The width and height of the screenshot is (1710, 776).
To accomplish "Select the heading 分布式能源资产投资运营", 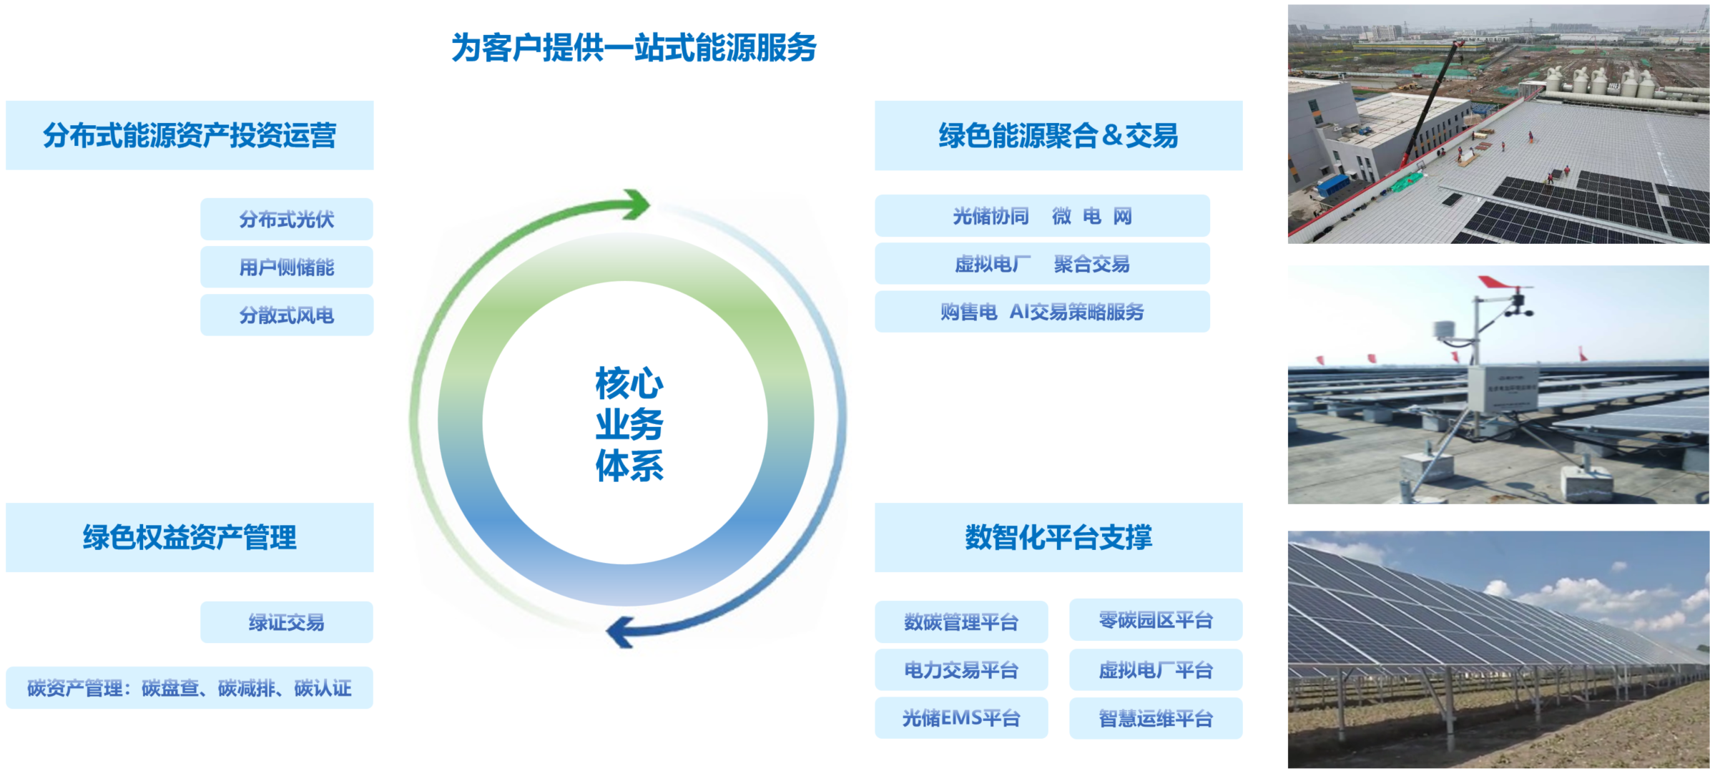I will [190, 135].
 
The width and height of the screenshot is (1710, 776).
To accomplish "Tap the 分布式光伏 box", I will [286, 219].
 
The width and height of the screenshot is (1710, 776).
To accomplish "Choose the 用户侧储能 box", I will [286, 267].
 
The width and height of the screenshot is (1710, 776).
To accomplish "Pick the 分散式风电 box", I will [286, 315].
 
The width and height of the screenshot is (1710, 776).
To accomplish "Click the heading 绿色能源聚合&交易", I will [1058, 135].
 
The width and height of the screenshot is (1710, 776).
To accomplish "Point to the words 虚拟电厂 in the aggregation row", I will [992, 264].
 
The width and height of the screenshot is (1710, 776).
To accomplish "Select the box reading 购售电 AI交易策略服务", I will [1041, 312].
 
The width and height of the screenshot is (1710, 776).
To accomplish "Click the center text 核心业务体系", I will [629, 423].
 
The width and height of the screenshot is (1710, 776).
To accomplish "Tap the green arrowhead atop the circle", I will [637, 205].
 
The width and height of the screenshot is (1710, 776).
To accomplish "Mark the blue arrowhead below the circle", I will [619, 632].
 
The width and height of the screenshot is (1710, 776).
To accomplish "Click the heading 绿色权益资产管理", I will [190, 537].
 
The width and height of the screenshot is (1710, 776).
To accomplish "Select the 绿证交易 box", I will [286, 622].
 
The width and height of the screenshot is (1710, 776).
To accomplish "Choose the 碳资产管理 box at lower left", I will [190, 688].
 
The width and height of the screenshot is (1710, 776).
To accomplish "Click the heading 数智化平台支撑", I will [1058, 537].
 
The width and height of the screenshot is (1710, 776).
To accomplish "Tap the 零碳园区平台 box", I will [1155, 620].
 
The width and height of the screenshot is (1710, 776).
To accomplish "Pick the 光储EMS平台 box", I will [960, 718].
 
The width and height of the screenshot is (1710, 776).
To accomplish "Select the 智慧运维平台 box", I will [1155, 718].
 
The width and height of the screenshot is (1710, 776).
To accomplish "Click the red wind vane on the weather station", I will [1498, 283].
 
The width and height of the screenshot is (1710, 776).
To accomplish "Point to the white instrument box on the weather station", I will [1503, 388].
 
